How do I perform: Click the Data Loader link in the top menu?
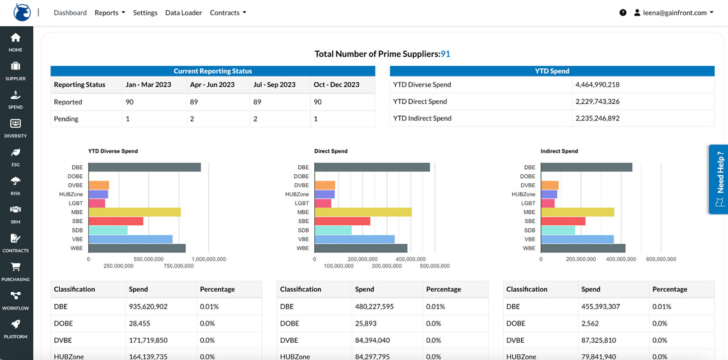[x=183, y=13]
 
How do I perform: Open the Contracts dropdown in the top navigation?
[x=227, y=13]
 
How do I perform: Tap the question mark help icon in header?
[x=623, y=13]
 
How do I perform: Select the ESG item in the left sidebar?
[x=15, y=157]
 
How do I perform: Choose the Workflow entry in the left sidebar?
[x=15, y=299]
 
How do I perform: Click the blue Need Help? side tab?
[x=719, y=179]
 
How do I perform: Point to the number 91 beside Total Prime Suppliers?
[x=445, y=54]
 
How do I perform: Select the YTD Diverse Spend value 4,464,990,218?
[x=597, y=85]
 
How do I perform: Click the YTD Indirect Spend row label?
[x=422, y=118]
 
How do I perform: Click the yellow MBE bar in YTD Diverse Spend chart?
[x=134, y=212]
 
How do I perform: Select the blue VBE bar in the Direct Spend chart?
[x=354, y=239]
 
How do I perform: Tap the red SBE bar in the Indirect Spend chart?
[x=563, y=221]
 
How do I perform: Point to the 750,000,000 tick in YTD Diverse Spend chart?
[x=178, y=266]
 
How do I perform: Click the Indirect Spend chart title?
[x=559, y=151]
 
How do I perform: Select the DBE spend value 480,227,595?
[x=374, y=306]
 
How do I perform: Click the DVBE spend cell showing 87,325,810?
[x=600, y=340]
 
